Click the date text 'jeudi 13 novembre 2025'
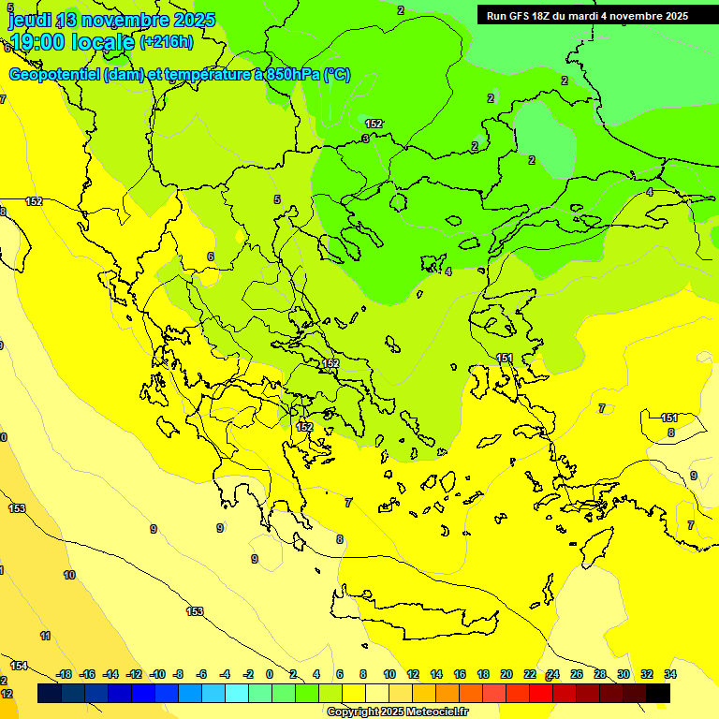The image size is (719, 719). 112,20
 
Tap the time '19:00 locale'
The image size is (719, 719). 72,41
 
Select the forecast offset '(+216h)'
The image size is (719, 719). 167,41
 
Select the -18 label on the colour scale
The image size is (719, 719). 64,674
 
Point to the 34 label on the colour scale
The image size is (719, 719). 670,674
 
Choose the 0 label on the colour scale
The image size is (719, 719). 270,674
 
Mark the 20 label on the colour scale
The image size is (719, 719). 506,674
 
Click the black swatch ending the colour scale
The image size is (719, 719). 658,694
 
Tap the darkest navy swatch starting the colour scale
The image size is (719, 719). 50,694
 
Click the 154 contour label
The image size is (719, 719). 19,666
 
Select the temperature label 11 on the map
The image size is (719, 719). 45,636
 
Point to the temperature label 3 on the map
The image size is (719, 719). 364,139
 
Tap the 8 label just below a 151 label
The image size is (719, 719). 670,433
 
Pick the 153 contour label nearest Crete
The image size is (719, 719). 195,611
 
